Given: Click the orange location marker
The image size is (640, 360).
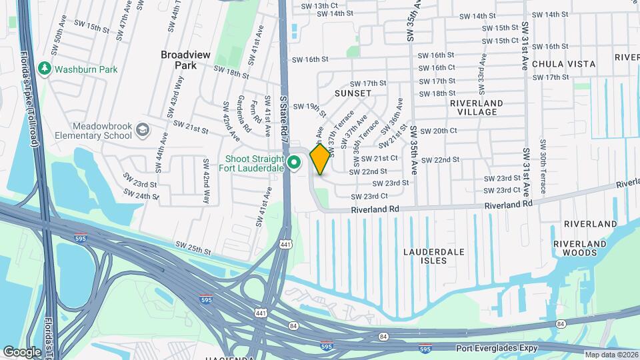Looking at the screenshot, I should coord(320,159).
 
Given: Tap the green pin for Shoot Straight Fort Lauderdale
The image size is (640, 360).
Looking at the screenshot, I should coord(294,162).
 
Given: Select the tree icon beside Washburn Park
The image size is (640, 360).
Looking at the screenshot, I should coord(45,68).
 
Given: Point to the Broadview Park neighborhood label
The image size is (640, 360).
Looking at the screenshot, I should coord(178,60).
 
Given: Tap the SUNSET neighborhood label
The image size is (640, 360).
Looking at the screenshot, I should coord(353,93).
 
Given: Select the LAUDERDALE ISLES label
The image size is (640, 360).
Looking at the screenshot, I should coord(433,257).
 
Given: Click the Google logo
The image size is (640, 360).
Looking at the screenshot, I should coord(22,351).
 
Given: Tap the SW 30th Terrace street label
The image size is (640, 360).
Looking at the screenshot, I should coord(543,167).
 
